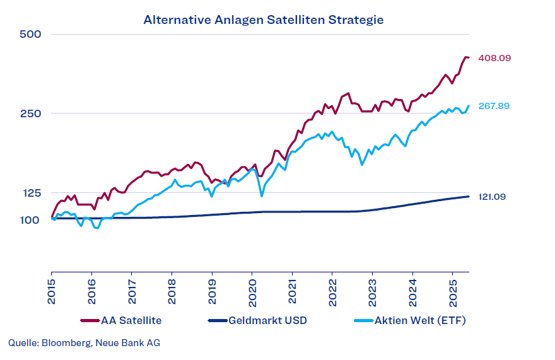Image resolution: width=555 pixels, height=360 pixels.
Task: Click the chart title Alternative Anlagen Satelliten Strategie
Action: tap(263, 20)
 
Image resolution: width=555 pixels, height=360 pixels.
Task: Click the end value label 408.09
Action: tap(494, 58)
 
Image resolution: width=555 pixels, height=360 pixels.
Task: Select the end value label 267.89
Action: tap(494, 106)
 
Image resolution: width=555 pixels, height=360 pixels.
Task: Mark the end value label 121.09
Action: tap(492, 197)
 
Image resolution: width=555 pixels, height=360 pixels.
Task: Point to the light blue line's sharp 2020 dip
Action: tap(261, 196)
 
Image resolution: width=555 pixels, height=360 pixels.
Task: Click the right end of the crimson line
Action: tap(468, 58)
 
